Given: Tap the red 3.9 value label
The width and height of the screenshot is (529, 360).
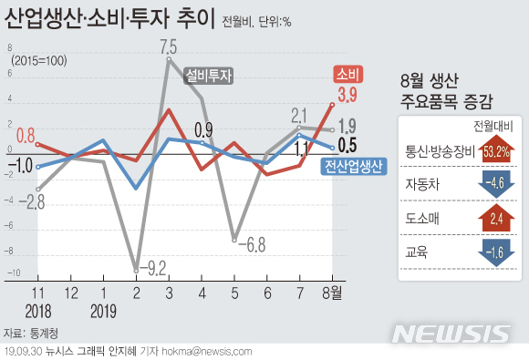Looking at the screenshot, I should [x=347, y=94].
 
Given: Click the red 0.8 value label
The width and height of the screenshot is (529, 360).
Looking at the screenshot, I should [x=26, y=134].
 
